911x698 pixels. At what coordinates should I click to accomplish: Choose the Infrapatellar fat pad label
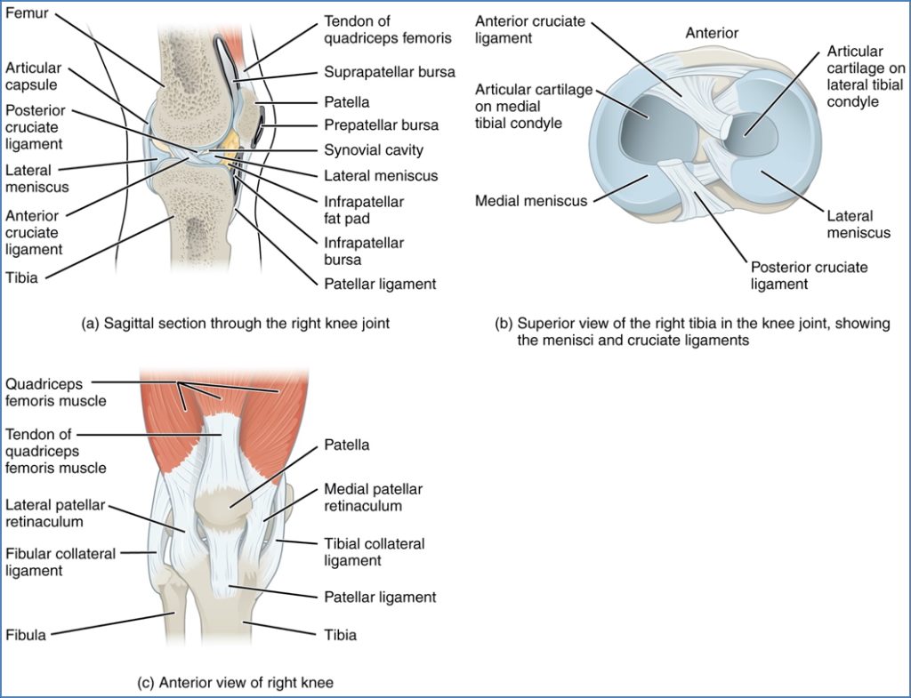364,209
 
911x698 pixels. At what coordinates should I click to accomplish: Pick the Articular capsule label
33,76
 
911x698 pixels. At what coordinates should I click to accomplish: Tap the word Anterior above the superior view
711,34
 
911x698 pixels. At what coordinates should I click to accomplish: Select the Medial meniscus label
531,201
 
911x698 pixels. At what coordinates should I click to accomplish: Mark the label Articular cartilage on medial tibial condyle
533,106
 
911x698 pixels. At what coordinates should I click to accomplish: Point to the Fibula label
26,635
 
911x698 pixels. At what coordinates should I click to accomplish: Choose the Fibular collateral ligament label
60,562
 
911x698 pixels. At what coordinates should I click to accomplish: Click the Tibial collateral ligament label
374,552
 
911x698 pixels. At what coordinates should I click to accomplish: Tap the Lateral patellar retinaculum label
56,513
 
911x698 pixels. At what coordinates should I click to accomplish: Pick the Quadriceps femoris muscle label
55,392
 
